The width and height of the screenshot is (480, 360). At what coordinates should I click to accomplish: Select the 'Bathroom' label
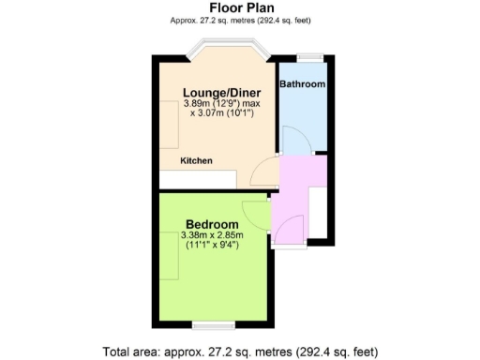coord(302,84)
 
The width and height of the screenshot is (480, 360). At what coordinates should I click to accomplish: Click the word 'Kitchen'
coord(197,161)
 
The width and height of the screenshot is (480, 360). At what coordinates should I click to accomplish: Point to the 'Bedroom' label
coord(209,225)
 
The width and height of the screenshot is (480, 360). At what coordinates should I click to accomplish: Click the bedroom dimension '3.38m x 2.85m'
coord(210,237)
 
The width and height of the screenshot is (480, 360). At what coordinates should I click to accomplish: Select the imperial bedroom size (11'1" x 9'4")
coord(210,248)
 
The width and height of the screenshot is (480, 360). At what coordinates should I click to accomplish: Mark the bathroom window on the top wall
coord(303,56)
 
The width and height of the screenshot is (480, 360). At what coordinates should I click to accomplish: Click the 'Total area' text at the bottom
coord(239,352)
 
